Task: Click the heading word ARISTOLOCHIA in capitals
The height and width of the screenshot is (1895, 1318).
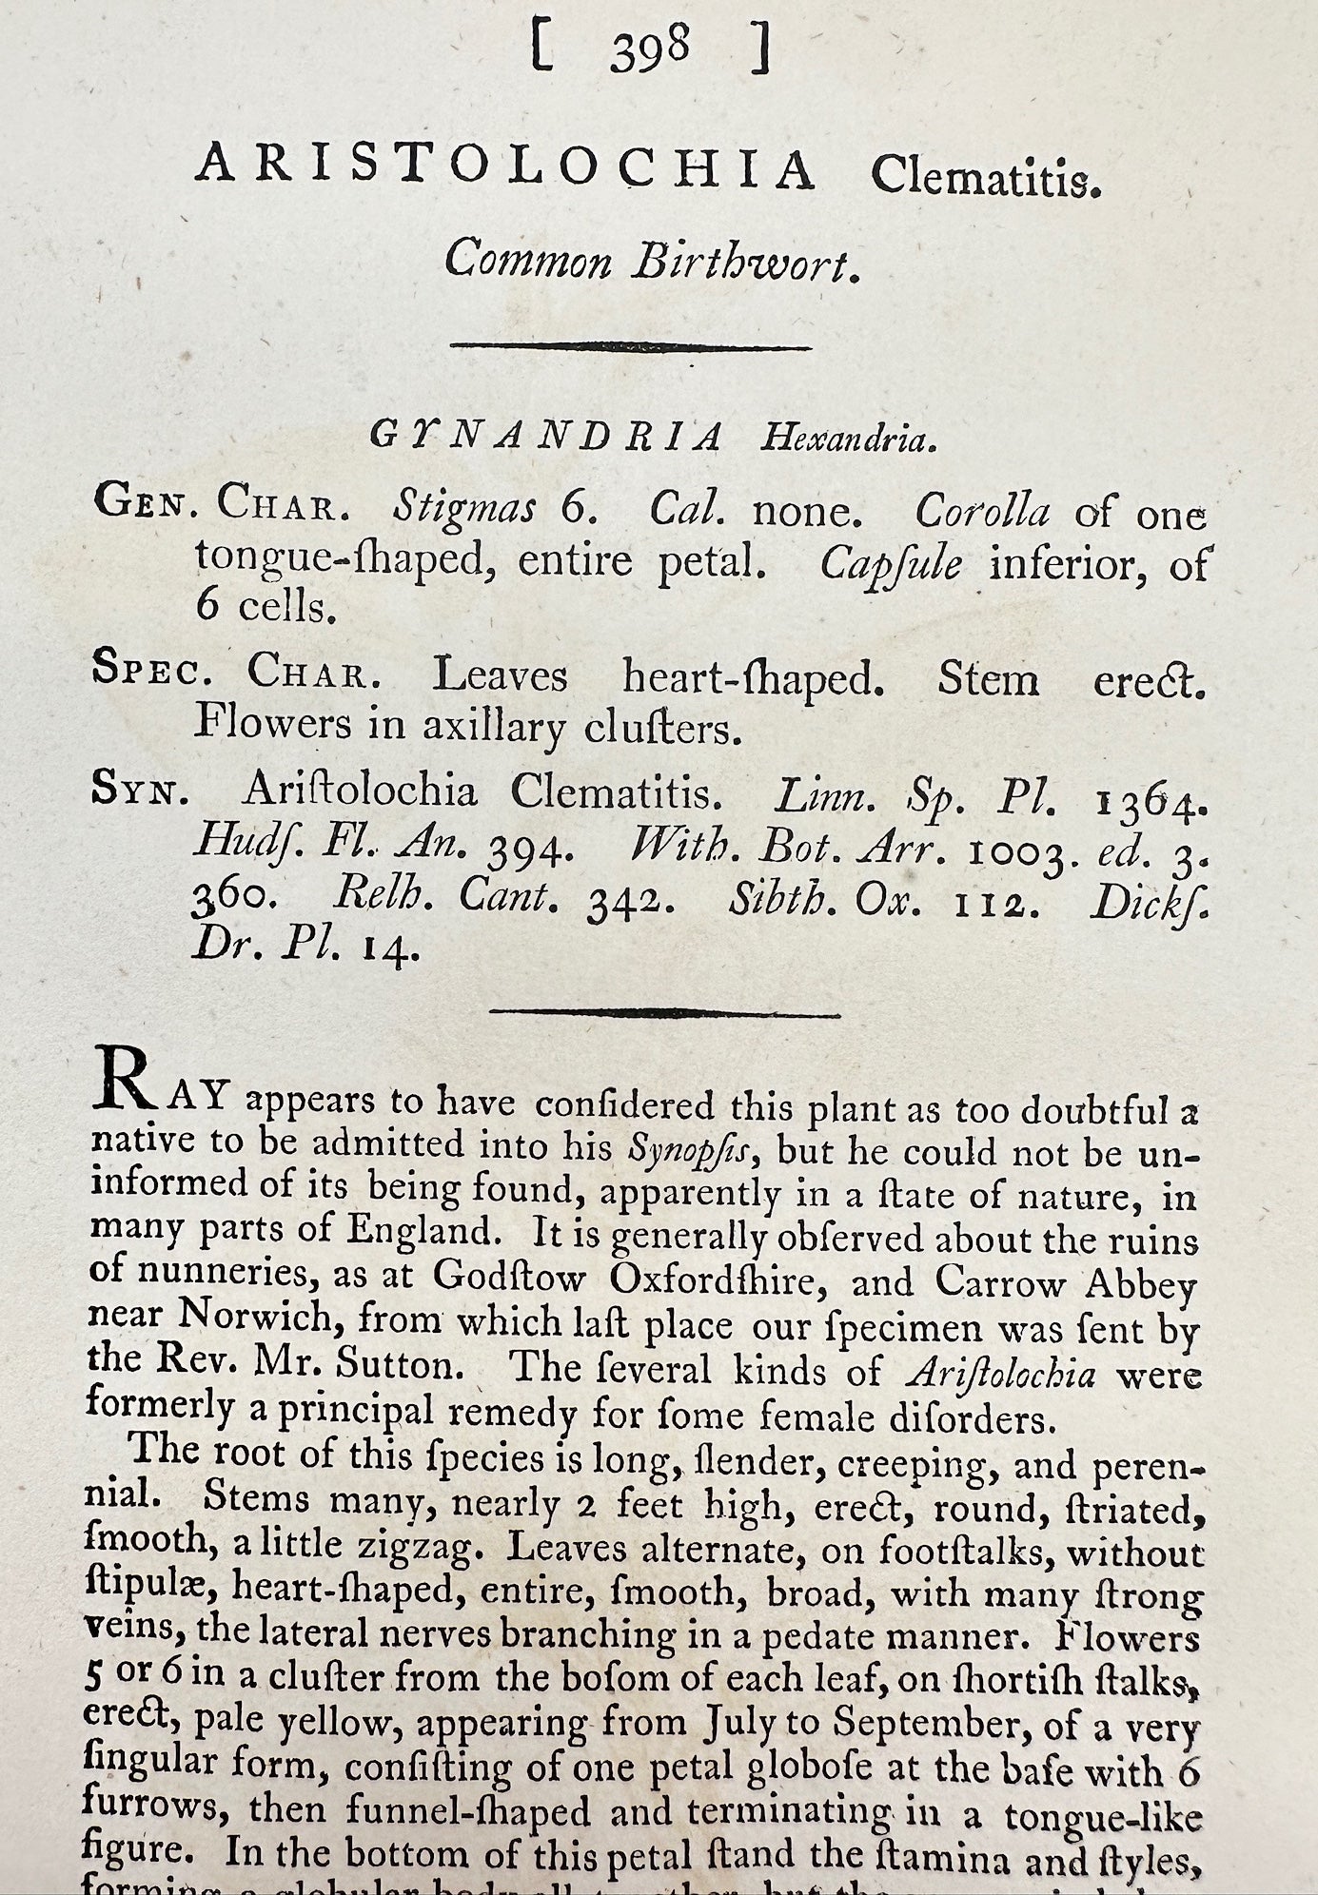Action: (505, 172)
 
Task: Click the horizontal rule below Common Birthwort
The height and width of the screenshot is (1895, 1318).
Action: (630, 348)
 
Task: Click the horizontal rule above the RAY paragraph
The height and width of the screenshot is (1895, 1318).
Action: (665, 1013)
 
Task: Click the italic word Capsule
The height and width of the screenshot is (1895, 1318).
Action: (891, 566)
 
